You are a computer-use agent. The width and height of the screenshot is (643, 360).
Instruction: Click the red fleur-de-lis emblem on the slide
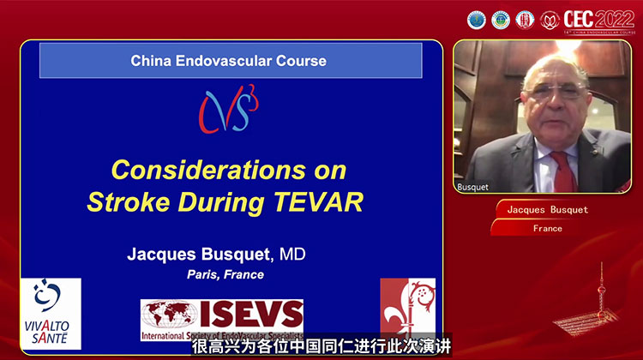coord(407,308)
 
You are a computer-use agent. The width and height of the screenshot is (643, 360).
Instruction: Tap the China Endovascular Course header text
coord(228,61)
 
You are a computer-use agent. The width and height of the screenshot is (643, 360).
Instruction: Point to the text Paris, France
coord(225,274)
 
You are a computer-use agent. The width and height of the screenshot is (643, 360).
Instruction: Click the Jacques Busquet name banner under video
coord(547,210)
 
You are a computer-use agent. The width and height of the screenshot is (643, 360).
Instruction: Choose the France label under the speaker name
coord(547,228)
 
